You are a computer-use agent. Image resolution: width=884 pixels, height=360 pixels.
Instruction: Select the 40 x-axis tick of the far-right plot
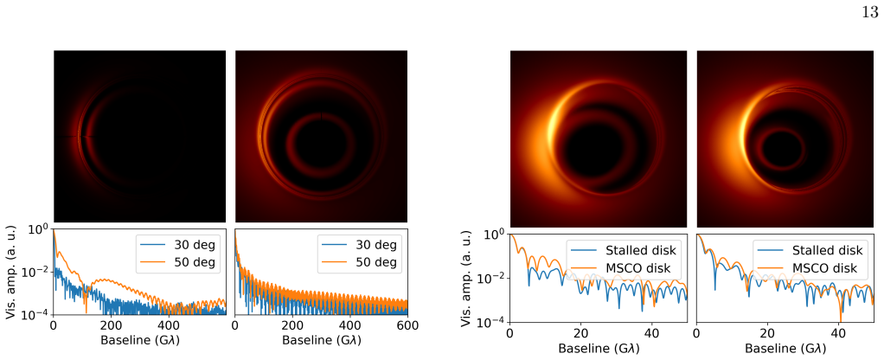836,333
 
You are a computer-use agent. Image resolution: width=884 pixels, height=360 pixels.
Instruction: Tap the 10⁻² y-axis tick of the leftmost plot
37,272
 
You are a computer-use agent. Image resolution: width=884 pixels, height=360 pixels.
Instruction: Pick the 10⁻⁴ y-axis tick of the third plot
494,322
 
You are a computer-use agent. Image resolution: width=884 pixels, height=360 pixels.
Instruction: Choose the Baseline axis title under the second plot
322,341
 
